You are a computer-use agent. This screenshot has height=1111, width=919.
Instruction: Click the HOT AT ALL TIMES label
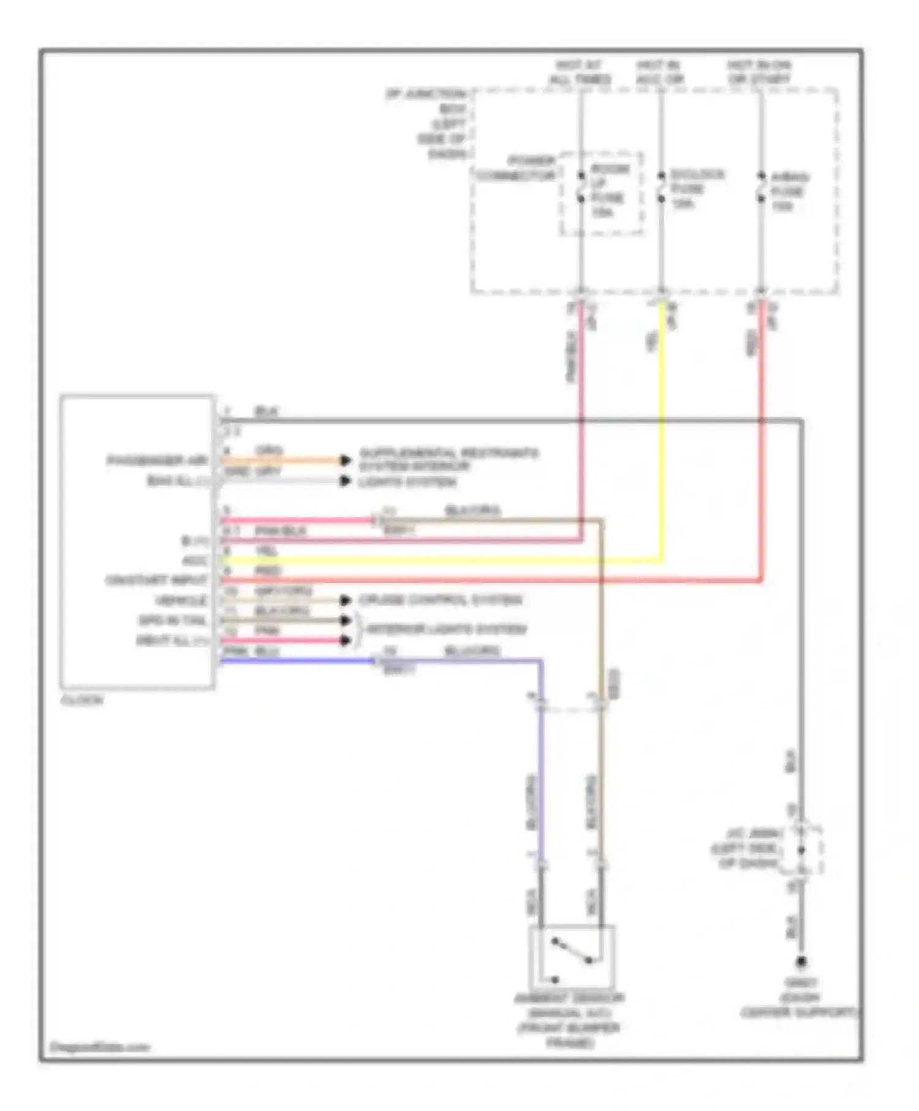(x=580, y=72)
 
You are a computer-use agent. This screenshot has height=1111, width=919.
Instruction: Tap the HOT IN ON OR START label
(x=759, y=72)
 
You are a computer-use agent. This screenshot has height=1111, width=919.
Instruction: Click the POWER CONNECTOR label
(x=517, y=168)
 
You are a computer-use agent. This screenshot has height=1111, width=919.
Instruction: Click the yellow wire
(x=662, y=429)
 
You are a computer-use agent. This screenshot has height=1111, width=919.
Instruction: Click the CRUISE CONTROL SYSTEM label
(x=440, y=600)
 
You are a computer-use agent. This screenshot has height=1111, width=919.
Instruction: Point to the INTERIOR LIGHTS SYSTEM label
(x=446, y=629)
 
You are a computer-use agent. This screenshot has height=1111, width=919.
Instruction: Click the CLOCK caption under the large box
(x=82, y=700)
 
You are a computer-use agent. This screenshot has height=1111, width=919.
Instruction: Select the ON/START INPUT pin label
(x=156, y=580)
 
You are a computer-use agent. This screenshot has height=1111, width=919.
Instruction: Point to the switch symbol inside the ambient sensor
(x=572, y=953)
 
